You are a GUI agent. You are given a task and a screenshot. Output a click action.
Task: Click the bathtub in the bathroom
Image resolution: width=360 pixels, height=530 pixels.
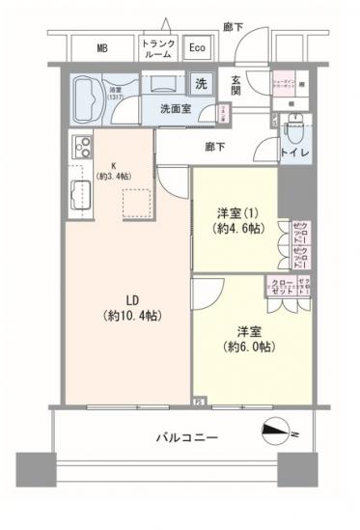coord(96,99)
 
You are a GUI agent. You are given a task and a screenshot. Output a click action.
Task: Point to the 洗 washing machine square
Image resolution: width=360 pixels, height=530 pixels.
coord(201,83)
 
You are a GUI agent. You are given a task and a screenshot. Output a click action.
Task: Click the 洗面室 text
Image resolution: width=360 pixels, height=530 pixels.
coord(176,109)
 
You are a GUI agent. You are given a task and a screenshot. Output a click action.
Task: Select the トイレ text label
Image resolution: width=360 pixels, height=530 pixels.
coord(294,152)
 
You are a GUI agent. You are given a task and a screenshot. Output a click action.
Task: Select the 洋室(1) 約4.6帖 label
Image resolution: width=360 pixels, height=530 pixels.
coord(231,221)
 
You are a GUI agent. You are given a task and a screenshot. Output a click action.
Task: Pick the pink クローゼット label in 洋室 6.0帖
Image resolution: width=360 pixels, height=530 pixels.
coord(281,288)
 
